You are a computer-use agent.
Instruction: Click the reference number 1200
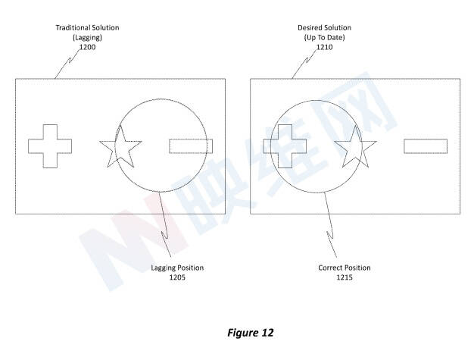[x=87, y=47]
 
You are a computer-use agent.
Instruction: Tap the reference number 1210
[x=324, y=47]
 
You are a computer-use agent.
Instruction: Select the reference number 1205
[x=177, y=277]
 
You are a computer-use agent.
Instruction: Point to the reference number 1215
[x=345, y=277]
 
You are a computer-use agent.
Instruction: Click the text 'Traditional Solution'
[x=87, y=28]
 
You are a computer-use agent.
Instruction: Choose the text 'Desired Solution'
[x=324, y=28]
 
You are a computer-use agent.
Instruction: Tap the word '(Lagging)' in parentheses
[x=87, y=37]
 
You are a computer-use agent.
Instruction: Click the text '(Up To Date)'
[x=324, y=37]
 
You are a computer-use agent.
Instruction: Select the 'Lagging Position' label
[x=177, y=268]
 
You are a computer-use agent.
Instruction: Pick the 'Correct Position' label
[x=345, y=268]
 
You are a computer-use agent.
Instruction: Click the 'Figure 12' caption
[x=251, y=333]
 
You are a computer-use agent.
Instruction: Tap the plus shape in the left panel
[x=50, y=146]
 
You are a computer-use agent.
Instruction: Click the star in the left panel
[x=120, y=146]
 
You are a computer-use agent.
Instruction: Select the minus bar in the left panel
[x=191, y=146]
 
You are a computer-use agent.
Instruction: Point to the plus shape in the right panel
[x=285, y=146]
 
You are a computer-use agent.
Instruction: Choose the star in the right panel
[x=355, y=146]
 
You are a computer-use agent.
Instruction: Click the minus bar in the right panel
[x=426, y=146]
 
